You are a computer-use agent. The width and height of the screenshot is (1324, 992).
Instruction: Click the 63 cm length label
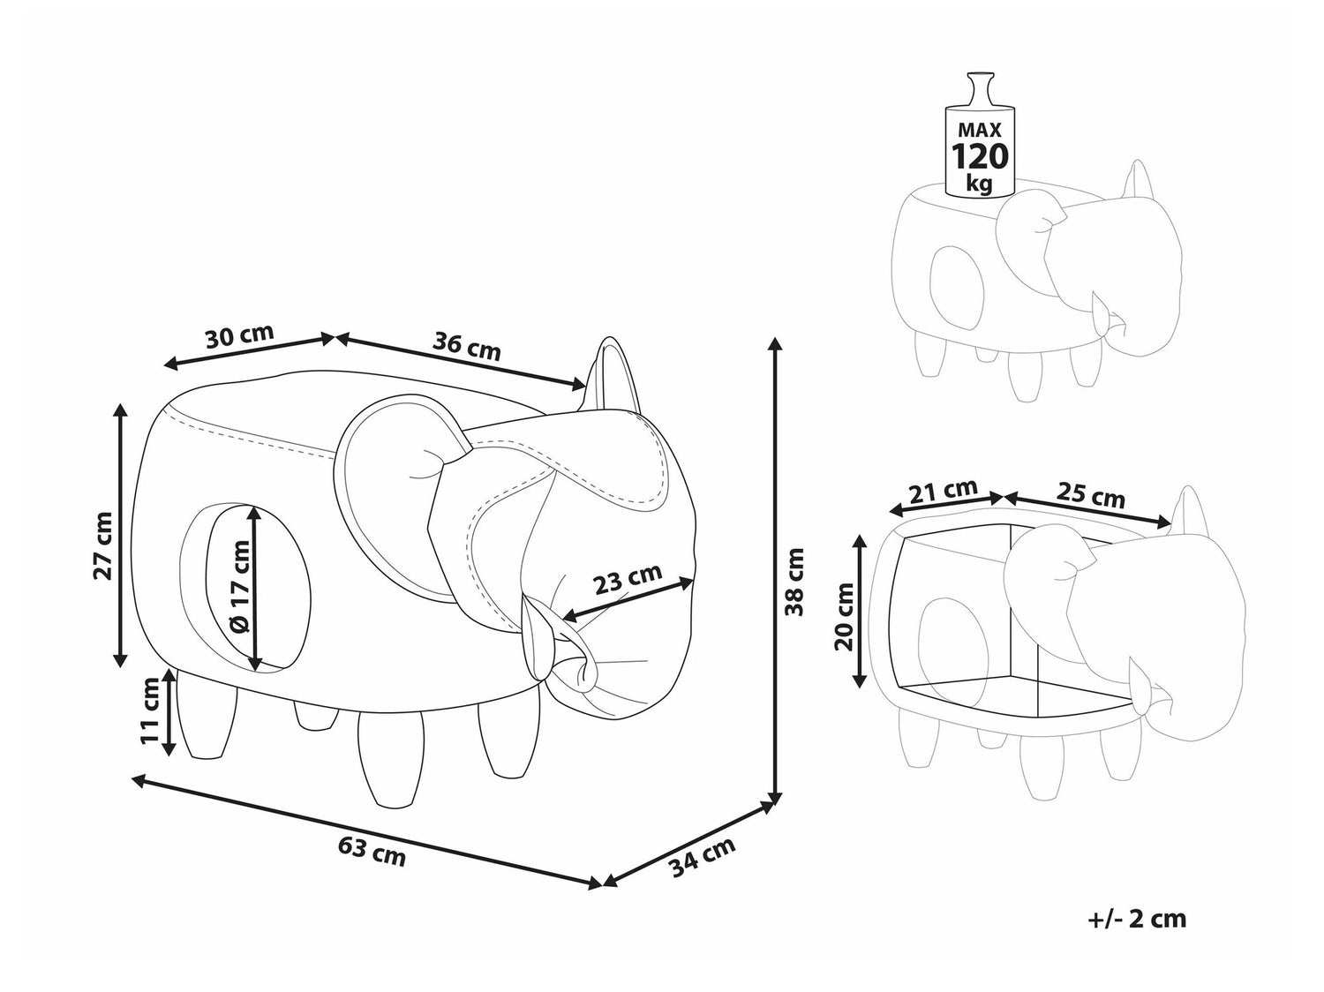pos(372,852)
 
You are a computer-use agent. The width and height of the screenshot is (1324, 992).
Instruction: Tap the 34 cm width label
pos(703,856)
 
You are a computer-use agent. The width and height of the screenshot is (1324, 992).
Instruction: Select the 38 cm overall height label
pos(795,582)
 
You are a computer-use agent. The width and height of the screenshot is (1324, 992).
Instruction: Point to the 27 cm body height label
pos(103,545)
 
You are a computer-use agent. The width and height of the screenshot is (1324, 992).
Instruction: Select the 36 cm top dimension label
pos(466,346)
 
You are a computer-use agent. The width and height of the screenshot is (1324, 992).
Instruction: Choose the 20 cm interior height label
pos(845,616)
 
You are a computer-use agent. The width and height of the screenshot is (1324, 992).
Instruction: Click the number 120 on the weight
pos(980,156)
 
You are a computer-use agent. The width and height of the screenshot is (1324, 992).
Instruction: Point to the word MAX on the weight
pos(980,130)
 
